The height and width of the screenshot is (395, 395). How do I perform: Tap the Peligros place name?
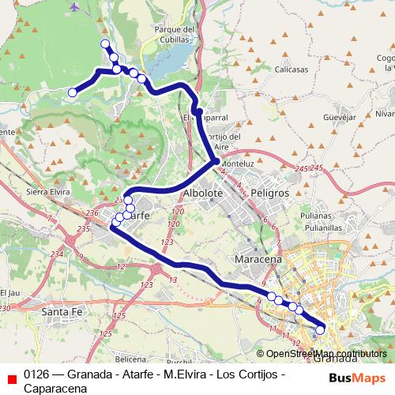[x=266, y=193]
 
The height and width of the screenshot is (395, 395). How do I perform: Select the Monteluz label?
[x=237, y=163]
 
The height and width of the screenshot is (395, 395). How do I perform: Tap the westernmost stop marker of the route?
[x=72, y=92]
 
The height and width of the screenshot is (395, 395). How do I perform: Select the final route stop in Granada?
[x=320, y=330]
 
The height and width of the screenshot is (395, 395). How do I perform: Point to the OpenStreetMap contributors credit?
[x=326, y=354]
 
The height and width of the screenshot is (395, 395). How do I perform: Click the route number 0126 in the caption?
[x=36, y=374]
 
